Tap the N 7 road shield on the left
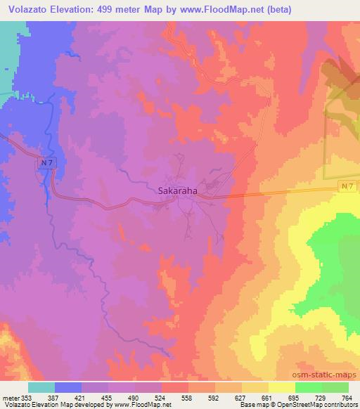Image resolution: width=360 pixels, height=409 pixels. (45, 163)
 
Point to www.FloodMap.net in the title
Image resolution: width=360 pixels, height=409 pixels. (215, 10)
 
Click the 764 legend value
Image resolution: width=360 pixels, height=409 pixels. (347, 396)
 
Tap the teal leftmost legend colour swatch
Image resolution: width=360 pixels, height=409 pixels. (41, 387)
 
